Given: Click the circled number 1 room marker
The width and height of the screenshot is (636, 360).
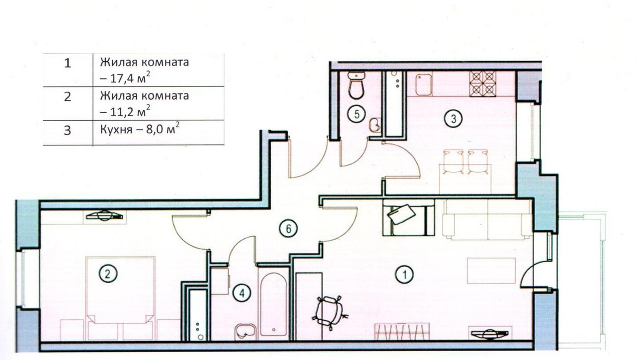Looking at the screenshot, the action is pos(405,275).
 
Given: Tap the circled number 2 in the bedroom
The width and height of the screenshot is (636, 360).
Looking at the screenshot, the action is pos(108,274).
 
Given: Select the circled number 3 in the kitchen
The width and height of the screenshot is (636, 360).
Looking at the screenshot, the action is pos(454,119).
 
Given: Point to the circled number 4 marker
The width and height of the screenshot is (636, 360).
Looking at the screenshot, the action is pos(242,293).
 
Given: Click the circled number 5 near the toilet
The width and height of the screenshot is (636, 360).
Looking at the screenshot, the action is pos(357,114).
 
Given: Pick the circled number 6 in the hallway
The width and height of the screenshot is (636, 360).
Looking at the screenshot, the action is pos(288,228).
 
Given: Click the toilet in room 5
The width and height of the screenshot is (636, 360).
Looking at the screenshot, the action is pos(356,85).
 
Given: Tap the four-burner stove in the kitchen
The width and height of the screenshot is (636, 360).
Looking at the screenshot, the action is pos(482,84).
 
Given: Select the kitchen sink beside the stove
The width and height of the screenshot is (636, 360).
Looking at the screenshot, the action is pos(424,85).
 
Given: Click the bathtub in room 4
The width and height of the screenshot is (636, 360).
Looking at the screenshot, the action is pos(273,304).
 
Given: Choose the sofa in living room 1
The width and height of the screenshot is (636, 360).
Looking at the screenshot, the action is pos(487,219).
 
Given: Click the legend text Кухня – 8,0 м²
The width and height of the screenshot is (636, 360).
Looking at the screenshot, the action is pos(140,129).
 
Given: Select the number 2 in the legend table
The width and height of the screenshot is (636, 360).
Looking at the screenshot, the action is pos(68,97).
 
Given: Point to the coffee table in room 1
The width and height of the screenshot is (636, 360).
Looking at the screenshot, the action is pos(491,271).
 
